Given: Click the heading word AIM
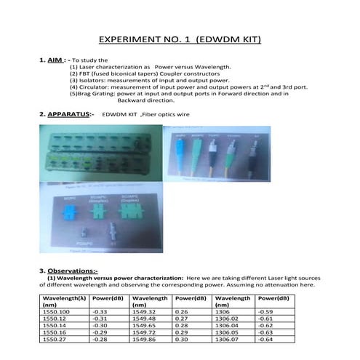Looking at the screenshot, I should tap(51, 59).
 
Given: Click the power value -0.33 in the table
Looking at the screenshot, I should tap(100, 311).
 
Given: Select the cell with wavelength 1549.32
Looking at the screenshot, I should tap(145, 311).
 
